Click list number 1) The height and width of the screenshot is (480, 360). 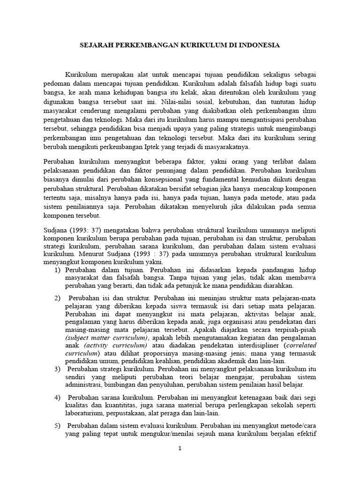point(58,270)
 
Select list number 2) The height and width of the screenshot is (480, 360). point(58,298)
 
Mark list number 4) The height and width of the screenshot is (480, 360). point(58,397)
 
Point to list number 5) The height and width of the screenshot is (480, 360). point(58,426)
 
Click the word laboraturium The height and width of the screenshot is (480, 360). point(87,413)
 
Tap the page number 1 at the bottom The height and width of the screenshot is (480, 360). point(180,449)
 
